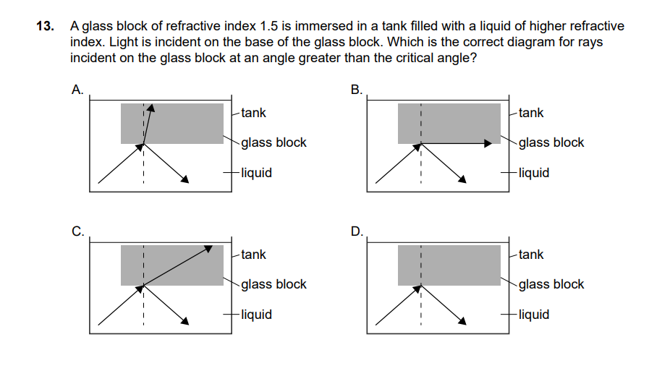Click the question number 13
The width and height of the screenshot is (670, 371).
pyautogui.click(x=46, y=26)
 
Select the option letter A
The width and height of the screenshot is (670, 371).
pyautogui.click(x=77, y=90)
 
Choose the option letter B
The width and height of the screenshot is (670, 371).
pyautogui.click(x=355, y=90)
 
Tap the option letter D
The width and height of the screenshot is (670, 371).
pyautogui.click(x=356, y=232)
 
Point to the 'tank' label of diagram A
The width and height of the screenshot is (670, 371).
pyautogui.click(x=253, y=113)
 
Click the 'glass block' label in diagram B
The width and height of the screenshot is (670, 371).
pyautogui.click(x=551, y=142)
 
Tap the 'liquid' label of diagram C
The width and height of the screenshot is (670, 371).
pyautogui.click(x=256, y=315)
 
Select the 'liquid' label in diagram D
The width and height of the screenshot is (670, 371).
pyautogui.click(x=534, y=315)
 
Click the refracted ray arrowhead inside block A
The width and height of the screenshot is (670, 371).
pyautogui.click(x=152, y=109)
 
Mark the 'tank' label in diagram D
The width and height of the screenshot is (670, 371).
pyautogui.click(x=531, y=255)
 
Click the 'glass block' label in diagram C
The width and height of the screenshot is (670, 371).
pyautogui.click(x=273, y=284)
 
